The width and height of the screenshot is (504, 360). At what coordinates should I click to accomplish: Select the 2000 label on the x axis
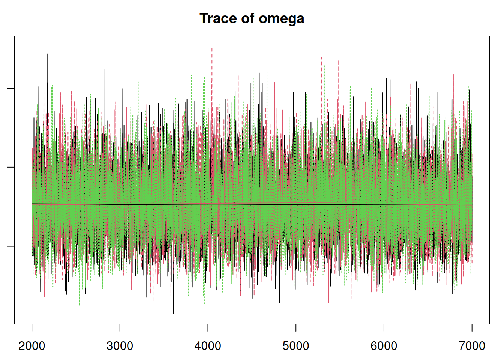tap(32, 345)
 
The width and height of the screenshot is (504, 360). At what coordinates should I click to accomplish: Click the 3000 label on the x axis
tap(120, 345)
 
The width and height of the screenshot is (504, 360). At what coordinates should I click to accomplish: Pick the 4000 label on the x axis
tap(208, 345)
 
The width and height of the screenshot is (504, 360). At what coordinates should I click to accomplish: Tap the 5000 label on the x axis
tap(296, 345)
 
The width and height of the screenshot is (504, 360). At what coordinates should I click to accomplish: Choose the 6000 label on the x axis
tap(384, 345)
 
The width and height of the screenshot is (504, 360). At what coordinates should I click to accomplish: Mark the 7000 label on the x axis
tap(472, 345)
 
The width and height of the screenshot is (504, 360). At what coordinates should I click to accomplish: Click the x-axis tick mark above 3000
tap(120, 327)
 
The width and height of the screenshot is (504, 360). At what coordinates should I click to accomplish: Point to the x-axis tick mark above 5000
tap(296, 327)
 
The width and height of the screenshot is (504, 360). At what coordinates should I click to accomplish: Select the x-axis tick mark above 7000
tap(472, 327)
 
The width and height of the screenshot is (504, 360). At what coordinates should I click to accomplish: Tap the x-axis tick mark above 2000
tap(32, 327)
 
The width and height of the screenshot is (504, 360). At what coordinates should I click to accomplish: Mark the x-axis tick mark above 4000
tap(208, 327)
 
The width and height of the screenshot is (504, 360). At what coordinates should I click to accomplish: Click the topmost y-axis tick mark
tap(10, 88)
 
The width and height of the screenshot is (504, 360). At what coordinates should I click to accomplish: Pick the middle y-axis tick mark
tap(10, 167)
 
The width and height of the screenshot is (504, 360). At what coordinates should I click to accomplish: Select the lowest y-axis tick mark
tap(10, 246)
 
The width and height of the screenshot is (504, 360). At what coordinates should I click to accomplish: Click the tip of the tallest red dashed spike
tap(212, 48)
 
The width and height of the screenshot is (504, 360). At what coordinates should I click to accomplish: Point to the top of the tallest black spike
tap(47, 54)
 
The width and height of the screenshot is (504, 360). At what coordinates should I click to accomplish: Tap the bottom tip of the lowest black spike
tap(173, 313)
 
